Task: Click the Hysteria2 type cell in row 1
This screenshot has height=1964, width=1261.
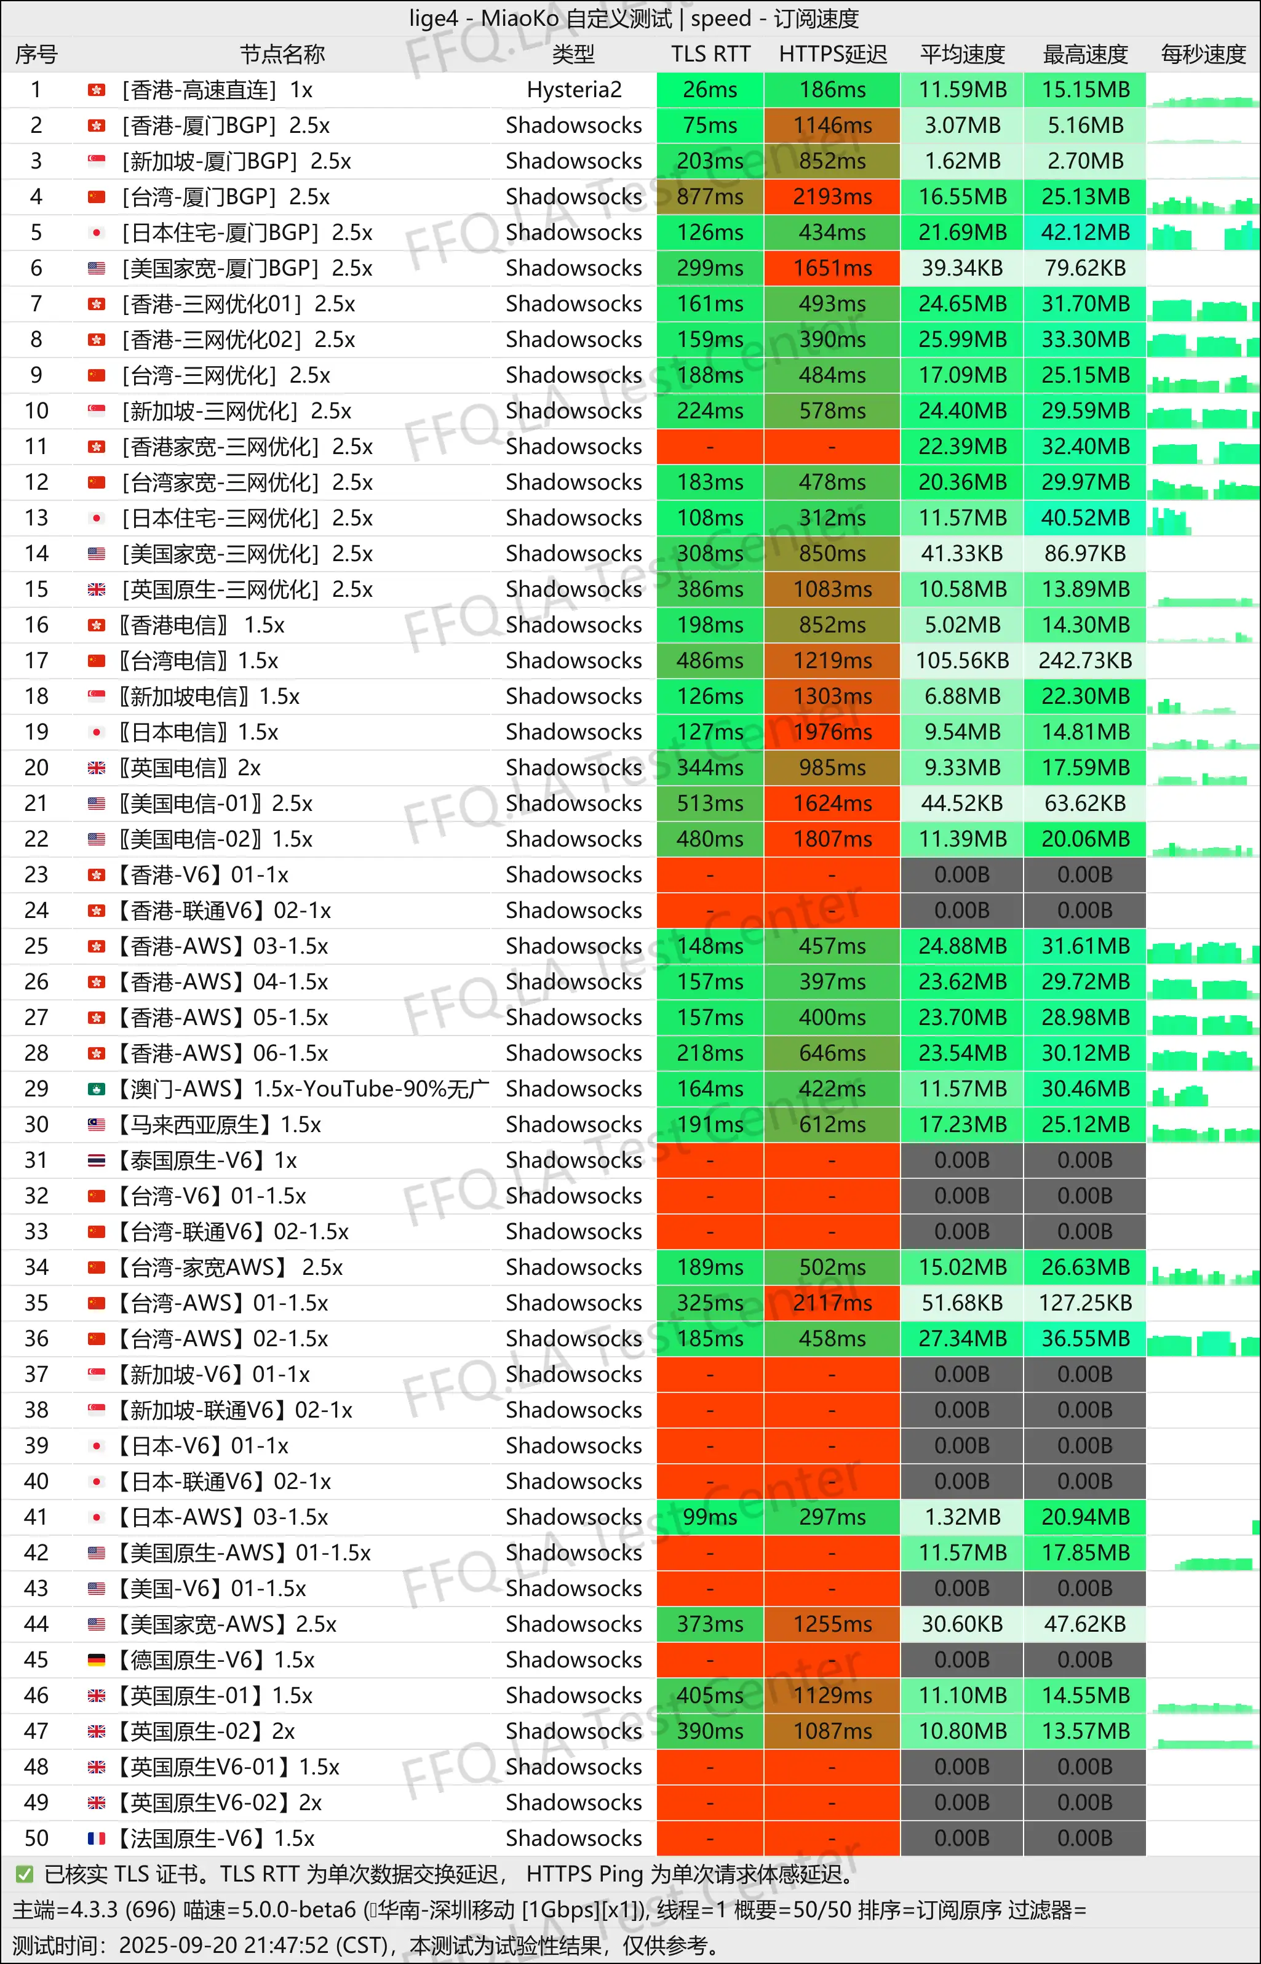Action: [x=574, y=89]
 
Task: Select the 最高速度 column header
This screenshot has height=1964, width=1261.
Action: [x=1085, y=54]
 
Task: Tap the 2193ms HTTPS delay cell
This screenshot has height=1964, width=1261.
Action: [x=832, y=196]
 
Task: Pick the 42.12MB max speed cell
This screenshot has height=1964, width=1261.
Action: [x=1085, y=233]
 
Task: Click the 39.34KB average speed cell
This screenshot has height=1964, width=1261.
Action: [x=962, y=268]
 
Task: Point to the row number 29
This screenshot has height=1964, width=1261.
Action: [x=36, y=1088]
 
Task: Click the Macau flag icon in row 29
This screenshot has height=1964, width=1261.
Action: [x=97, y=1089]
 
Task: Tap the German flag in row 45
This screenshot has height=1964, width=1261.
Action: [x=97, y=1660]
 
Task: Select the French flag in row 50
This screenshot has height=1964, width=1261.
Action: [x=97, y=1838]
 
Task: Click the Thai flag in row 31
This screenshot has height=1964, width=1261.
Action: [x=97, y=1160]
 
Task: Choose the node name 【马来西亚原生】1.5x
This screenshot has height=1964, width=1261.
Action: [x=217, y=1125]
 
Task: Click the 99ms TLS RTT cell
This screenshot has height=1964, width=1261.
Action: [x=710, y=1517]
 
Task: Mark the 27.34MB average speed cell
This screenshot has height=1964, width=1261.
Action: [x=962, y=1338]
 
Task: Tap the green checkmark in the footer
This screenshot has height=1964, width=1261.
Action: [x=25, y=1875]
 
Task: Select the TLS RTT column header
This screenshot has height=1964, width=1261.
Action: [x=710, y=54]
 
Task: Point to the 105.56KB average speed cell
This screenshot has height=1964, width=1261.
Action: [x=962, y=660]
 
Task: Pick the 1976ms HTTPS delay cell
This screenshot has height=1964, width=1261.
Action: [x=832, y=732]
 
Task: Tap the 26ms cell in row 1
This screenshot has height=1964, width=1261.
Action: [x=710, y=89]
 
